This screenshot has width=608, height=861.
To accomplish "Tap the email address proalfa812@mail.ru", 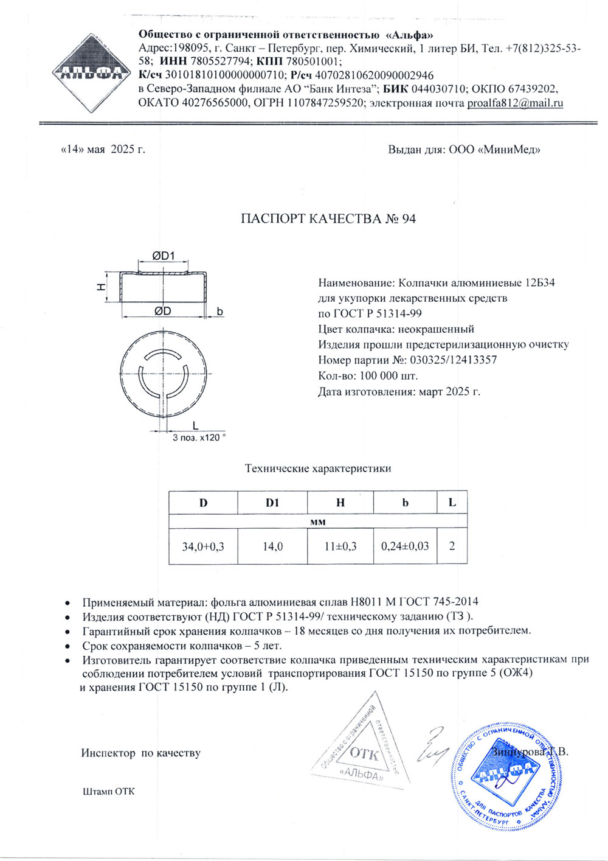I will (515, 103).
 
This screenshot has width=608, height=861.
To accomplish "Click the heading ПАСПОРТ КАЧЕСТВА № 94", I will (328, 219).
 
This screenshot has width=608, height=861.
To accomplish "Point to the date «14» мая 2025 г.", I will (103, 149).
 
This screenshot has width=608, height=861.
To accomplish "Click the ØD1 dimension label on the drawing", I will (162, 256).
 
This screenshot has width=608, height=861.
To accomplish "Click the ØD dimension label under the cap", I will (162, 311).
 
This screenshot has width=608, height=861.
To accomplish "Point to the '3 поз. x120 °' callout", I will (199, 438).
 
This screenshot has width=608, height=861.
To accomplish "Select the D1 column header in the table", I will (272, 503).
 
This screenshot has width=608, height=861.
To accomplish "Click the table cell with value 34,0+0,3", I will (203, 546).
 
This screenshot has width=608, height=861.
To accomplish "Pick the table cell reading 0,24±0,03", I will (405, 546).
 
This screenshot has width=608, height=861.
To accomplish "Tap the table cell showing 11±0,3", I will (340, 546).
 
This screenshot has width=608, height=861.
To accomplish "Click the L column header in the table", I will (452, 503).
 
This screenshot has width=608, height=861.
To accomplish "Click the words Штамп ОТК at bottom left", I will (108, 792).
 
